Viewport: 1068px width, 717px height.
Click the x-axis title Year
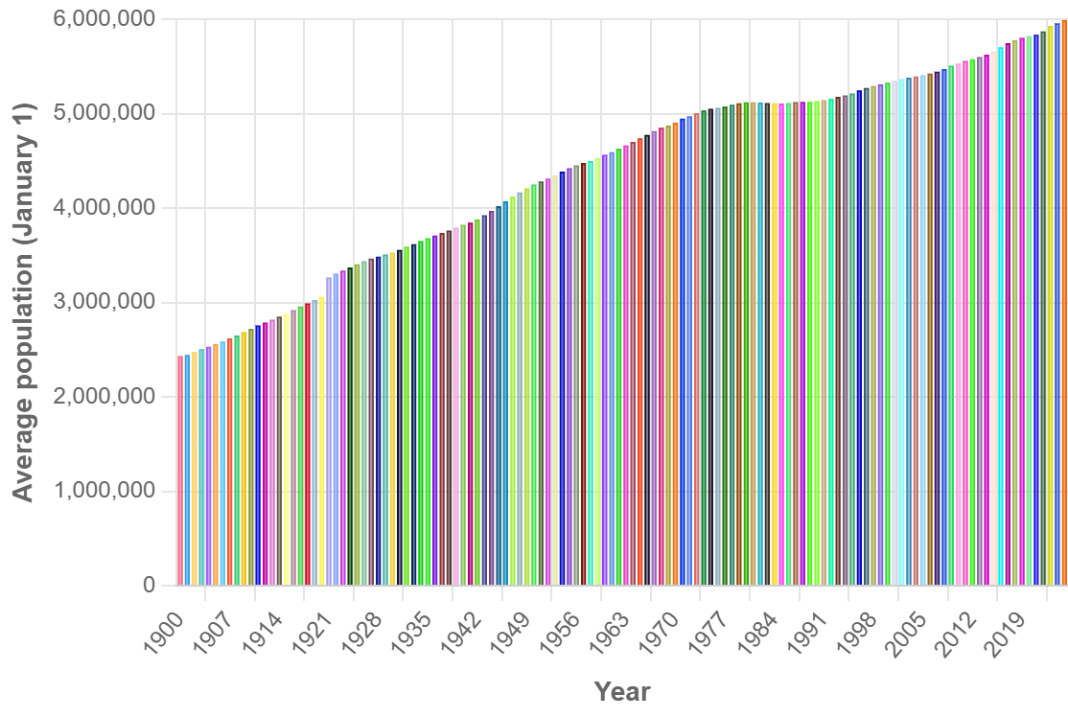coord(621,691)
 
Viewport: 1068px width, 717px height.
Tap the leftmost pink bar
coord(180,470)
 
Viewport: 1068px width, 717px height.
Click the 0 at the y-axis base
coord(148,586)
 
